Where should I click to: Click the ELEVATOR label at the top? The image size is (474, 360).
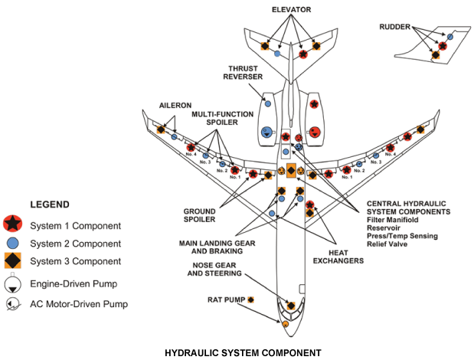click(x=290, y=9)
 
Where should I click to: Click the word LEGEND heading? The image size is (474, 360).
click(x=49, y=205)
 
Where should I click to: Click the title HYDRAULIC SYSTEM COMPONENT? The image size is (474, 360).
click(x=244, y=353)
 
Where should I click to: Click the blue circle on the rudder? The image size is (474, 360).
click(x=450, y=37)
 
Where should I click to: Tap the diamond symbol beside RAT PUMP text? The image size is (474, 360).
click(x=250, y=299)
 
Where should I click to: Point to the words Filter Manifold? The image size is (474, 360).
click(x=394, y=218)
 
